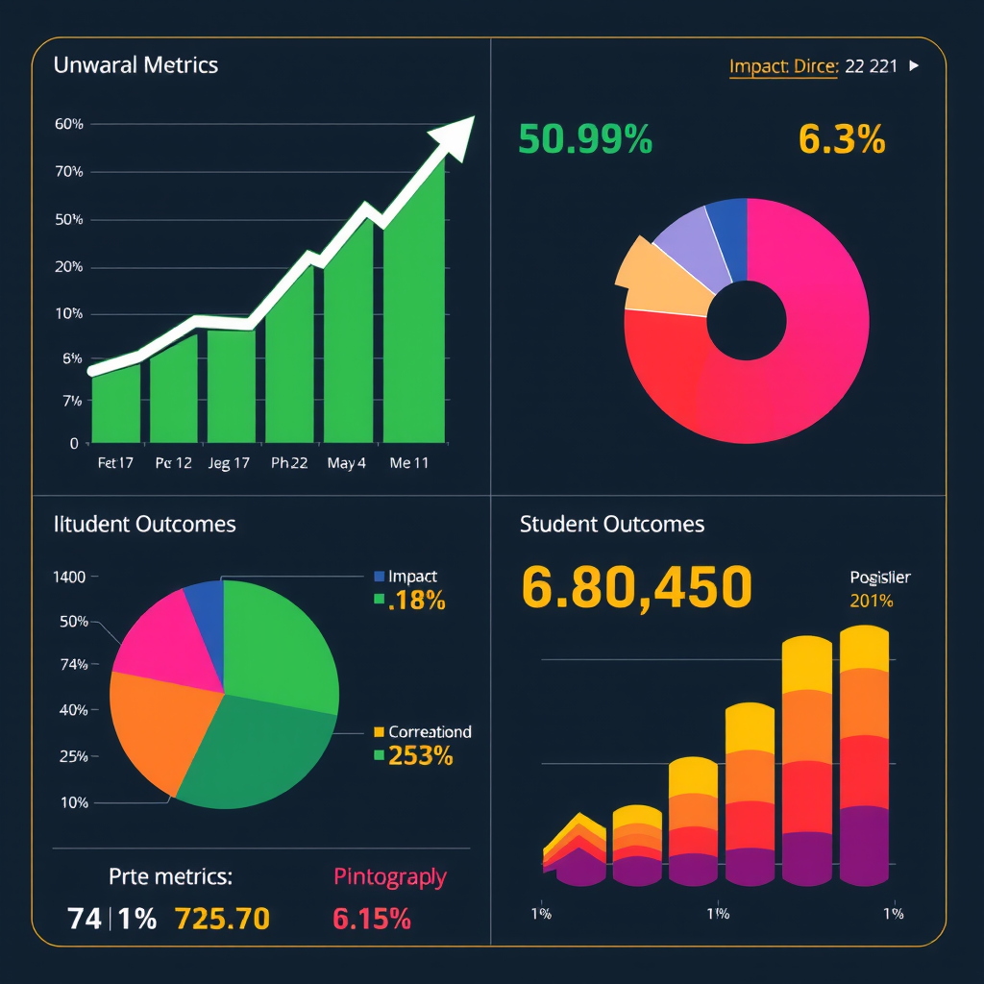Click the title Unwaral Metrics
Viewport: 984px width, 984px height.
click(x=135, y=65)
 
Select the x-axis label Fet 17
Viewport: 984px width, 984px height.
click(x=115, y=462)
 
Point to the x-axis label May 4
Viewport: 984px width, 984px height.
click(x=346, y=462)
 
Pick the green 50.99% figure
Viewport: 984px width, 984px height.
click(x=584, y=140)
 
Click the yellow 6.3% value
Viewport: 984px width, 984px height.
click(x=841, y=140)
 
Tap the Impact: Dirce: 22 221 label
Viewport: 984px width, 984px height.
click(x=813, y=66)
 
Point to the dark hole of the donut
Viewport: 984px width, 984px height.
click(x=746, y=321)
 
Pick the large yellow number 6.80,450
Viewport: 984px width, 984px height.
click(x=636, y=587)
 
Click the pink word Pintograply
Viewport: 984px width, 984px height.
click(x=389, y=876)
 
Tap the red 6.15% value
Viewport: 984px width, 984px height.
click(x=372, y=919)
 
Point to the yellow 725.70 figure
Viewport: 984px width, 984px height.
click(x=222, y=919)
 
